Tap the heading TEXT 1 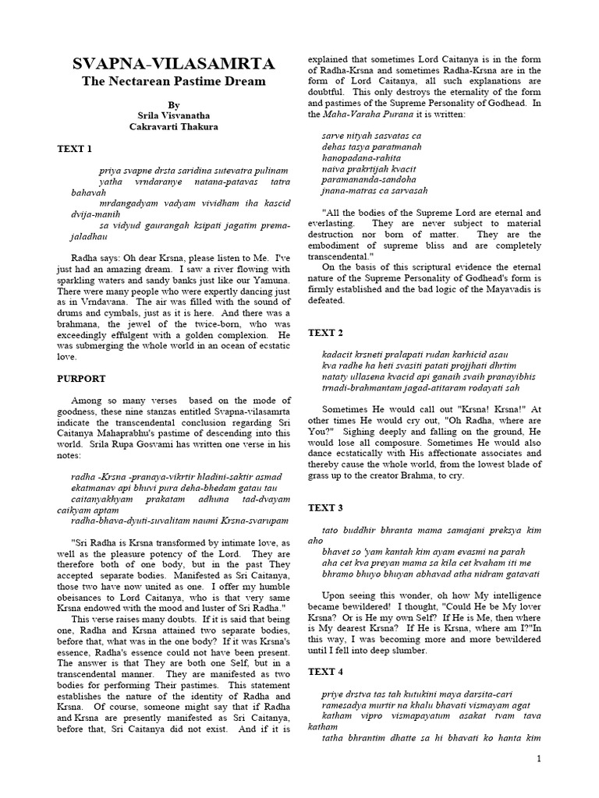(74, 148)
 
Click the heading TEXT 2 (325, 333)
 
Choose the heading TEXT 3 (325, 507)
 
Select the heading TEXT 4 (325, 671)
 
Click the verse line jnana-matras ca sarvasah (374, 190)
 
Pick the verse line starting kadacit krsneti (413, 355)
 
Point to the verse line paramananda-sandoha (369, 179)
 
